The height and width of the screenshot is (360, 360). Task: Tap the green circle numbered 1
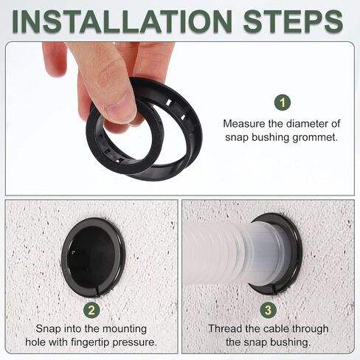pos(283,103)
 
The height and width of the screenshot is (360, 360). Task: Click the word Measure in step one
pos(243,123)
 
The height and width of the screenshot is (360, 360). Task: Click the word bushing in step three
pos(288,342)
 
